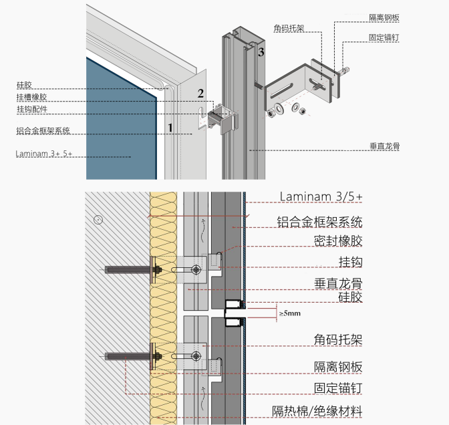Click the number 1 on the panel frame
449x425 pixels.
(x=170, y=126)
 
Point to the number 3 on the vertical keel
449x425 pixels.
(x=261, y=51)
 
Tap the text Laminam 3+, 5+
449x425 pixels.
(x=43, y=154)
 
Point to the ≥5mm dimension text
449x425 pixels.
(x=291, y=313)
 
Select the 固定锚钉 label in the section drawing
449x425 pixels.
(x=338, y=388)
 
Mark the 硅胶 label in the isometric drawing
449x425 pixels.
(x=23, y=86)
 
